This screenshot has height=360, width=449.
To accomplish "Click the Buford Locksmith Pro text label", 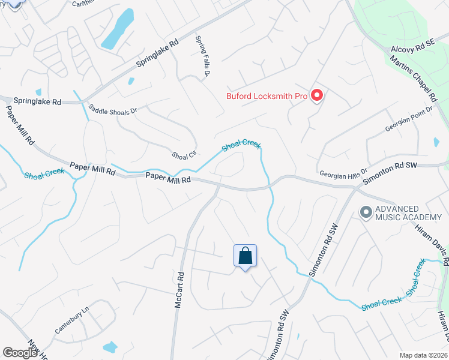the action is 267,95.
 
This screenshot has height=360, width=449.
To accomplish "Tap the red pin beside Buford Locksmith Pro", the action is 318,95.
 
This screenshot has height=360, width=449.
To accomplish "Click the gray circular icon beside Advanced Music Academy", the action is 365,212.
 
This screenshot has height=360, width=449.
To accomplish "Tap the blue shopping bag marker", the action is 245,257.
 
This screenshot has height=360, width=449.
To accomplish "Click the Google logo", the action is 20,352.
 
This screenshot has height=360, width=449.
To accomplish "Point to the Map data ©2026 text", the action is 423,355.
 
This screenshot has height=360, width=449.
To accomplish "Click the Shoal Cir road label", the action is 184,155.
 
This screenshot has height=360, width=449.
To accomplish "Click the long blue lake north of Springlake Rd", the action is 118,29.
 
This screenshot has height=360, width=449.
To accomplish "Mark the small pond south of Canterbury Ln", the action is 110,347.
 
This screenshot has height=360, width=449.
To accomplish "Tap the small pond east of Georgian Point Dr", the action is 436,142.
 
